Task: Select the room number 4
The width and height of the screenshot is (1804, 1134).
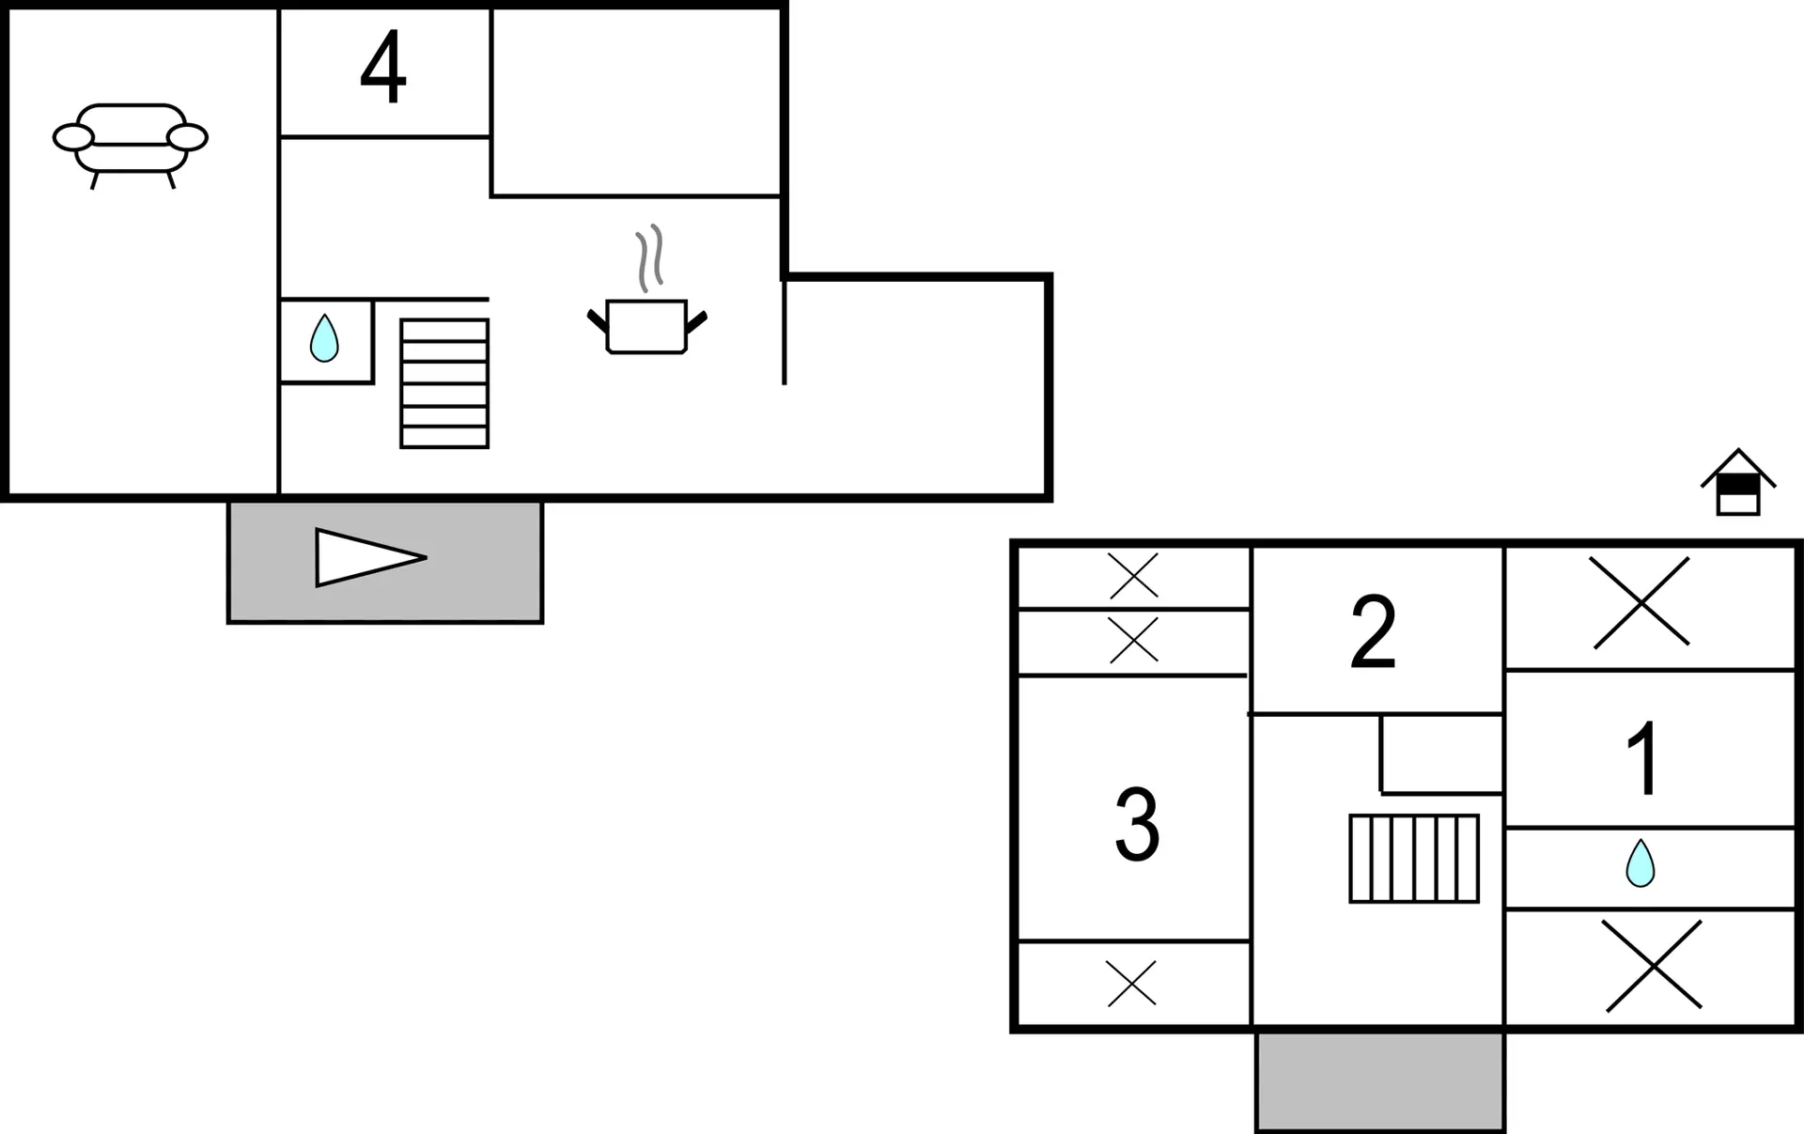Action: pyautogui.click(x=383, y=68)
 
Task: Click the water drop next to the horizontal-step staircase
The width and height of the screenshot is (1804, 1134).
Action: pyautogui.click(x=324, y=338)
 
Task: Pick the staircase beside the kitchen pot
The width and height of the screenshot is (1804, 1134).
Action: pyautogui.click(x=444, y=383)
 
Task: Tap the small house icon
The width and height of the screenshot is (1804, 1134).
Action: pyautogui.click(x=1737, y=484)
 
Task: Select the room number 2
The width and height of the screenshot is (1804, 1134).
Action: pyautogui.click(x=1373, y=631)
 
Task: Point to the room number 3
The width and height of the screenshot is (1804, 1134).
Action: pyautogui.click(x=1137, y=824)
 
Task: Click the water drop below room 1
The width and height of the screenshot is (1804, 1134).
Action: pyautogui.click(x=1640, y=862)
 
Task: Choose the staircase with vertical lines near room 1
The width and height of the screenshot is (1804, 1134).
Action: pyautogui.click(x=1414, y=859)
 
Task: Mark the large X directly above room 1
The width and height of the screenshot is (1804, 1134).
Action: pyautogui.click(x=1641, y=602)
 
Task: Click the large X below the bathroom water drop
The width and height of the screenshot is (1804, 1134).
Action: pyautogui.click(x=1653, y=966)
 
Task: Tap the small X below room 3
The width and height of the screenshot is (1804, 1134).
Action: pyautogui.click(x=1131, y=984)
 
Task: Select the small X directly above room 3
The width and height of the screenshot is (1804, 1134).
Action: pyautogui.click(x=1133, y=641)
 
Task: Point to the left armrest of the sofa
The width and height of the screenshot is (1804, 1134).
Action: pyautogui.click(x=73, y=137)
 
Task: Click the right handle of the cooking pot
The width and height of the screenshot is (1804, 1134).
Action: pyautogui.click(x=696, y=322)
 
